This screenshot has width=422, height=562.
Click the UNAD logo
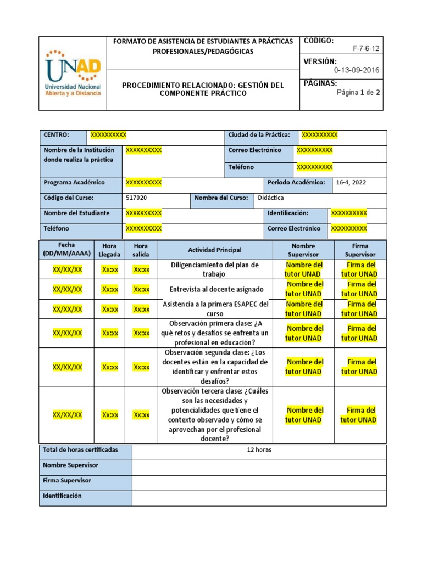(73, 73)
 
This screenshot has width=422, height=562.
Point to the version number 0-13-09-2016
(356, 70)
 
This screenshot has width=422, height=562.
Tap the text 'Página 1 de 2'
(358, 92)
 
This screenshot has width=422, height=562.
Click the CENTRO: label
(56, 135)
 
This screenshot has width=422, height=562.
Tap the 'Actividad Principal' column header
(214, 250)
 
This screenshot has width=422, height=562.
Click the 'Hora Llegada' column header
(109, 250)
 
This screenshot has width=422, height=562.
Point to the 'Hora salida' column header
(141, 250)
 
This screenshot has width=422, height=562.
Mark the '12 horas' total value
(259, 451)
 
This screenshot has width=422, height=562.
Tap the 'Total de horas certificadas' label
(80, 451)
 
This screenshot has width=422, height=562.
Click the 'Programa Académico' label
(74, 183)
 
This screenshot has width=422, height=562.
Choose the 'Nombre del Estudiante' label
(76, 213)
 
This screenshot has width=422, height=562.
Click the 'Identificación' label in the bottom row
(62, 496)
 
